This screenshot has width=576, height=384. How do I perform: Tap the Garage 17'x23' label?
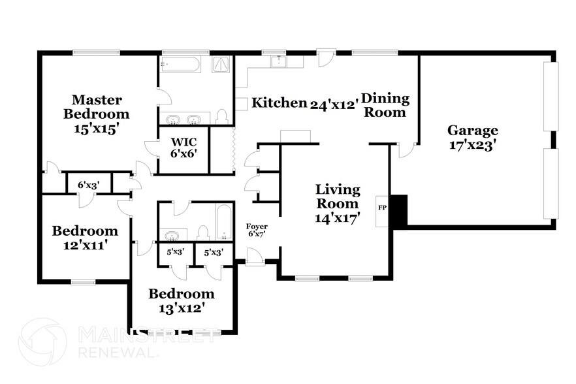[473, 138]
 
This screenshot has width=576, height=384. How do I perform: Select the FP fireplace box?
[382, 210]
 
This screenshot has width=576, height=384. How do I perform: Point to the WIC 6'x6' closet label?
[184, 147]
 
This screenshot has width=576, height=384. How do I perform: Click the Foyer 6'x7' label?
[257, 231]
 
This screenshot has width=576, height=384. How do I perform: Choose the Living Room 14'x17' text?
[338, 204]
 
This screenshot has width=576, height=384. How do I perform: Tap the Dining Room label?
[385, 105]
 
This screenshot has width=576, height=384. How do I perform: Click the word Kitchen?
[280, 103]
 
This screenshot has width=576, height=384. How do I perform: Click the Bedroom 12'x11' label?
[85, 238]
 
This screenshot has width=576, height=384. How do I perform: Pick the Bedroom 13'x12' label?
[181, 300]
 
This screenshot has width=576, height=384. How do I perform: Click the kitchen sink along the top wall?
[278, 61]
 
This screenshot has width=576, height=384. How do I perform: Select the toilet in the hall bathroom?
[203, 233]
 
